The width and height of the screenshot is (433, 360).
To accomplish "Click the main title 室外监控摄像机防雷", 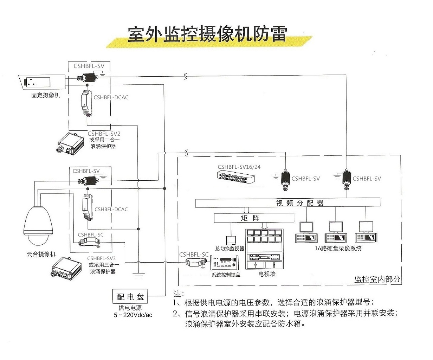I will point(207,35).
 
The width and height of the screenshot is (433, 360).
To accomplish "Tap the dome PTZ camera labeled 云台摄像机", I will point(38,225).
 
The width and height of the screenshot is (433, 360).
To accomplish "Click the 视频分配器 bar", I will point(287,203).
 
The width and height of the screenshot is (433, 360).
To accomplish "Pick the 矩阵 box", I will point(254,218).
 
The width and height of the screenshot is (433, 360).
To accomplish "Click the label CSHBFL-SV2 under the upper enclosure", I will point(104,134).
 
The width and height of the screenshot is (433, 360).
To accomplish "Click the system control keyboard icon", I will point(225,264).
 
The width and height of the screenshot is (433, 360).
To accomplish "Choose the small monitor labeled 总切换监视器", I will point(231,240).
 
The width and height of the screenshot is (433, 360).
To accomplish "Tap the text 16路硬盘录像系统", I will point(338,249).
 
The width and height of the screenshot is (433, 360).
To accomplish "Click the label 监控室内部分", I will point(377,279).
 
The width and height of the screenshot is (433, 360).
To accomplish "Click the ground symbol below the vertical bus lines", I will point(139,275).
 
